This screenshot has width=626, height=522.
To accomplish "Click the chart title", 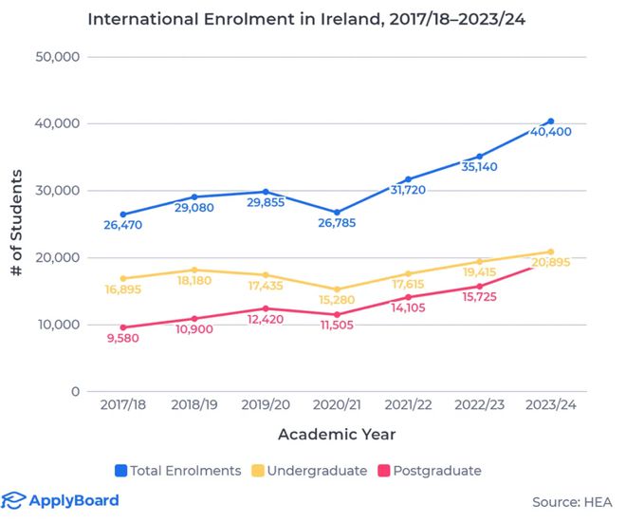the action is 306,19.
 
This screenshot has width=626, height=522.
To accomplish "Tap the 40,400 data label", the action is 550,132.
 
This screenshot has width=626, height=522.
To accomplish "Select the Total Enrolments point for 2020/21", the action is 337,213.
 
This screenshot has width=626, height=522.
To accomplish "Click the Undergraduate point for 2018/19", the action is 194,270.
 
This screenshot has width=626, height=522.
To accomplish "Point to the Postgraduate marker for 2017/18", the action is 123,327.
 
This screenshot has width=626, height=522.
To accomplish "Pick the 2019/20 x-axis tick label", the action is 266,404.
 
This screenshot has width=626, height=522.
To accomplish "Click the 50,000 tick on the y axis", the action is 58,57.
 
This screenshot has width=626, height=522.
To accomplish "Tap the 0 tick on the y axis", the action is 76,391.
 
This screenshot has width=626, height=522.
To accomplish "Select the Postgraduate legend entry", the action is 430,471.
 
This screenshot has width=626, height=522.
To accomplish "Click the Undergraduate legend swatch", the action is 257,471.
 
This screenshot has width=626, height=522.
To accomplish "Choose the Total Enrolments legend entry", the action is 178,471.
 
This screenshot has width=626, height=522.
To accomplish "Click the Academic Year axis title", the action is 337,434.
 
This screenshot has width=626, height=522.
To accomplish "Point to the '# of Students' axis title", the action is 16,223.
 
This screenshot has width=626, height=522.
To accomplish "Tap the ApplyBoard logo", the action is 60,501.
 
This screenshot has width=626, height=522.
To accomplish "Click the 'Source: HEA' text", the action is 572,502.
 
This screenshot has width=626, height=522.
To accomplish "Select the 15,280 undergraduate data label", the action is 337,300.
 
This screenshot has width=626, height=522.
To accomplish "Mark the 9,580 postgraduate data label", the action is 123,338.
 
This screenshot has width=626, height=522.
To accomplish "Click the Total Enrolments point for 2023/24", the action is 551,121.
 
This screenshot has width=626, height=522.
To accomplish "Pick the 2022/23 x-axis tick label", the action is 480,404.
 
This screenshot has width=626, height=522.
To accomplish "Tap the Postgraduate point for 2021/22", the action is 408,297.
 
